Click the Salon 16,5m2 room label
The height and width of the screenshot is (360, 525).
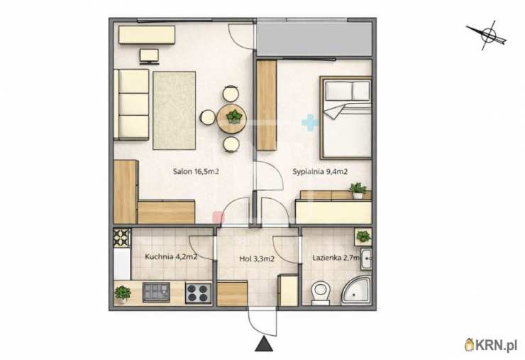[x=196, y=172]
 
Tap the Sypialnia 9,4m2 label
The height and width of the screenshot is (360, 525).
[x=320, y=172]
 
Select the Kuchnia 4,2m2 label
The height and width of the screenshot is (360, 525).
[x=171, y=257]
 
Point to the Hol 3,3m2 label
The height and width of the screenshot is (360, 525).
[x=257, y=258]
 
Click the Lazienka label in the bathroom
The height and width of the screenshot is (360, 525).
[x=336, y=258]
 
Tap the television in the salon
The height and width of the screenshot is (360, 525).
[x=149, y=56]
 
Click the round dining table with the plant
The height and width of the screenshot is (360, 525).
[x=232, y=119]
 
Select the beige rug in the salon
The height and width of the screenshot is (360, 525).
[x=174, y=110]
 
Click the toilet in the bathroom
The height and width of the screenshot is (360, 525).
[x=321, y=293]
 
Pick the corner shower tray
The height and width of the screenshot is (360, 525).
[x=355, y=290]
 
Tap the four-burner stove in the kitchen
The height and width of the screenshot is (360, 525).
[x=199, y=293]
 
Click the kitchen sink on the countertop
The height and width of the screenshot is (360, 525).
[x=156, y=292]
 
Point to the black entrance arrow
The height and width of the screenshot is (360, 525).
[x=265, y=344]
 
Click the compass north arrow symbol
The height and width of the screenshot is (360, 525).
[x=487, y=35]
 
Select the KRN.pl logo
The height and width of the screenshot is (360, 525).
[x=491, y=345]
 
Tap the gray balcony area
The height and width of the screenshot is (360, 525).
[x=314, y=38]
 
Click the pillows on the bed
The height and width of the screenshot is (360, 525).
[x=348, y=90]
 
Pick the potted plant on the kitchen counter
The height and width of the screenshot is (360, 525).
[x=123, y=294]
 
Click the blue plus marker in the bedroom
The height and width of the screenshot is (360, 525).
[x=310, y=122]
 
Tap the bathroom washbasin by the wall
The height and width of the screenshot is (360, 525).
[x=366, y=258]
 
